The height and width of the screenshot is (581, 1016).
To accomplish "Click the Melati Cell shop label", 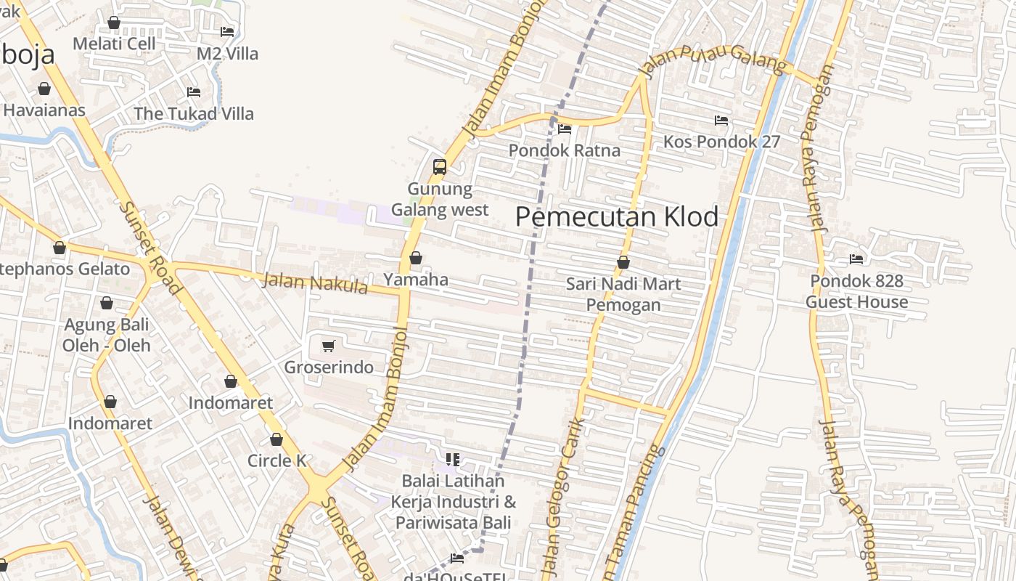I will click(x=114, y=44).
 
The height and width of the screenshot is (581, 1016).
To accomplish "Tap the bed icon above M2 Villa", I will click(x=227, y=31).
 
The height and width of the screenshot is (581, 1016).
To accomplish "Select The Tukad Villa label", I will click(x=194, y=114).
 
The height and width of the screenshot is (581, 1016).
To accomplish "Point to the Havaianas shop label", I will click(x=44, y=110).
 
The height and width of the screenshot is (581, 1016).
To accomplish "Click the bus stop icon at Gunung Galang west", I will click(x=439, y=166).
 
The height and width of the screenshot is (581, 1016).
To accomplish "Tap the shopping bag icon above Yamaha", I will click(x=416, y=258).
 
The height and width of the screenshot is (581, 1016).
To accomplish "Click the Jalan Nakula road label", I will click(x=315, y=283).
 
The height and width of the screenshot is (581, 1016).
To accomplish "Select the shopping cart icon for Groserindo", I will click(x=328, y=346).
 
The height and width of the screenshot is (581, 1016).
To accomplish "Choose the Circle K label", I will click(x=277, y=460).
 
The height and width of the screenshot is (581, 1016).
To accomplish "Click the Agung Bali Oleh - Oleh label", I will click(x=107, y=335).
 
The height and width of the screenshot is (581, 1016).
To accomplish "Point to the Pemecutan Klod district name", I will click(x=617, y=216).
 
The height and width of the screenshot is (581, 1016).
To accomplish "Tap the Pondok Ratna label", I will click(x=565, y=150).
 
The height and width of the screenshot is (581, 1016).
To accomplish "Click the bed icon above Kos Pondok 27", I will click(x=721, y=120).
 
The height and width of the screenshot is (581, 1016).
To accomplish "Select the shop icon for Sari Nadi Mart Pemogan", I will click(x=623, y=262).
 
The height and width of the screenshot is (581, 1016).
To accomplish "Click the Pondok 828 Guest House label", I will click(x=857, y=291).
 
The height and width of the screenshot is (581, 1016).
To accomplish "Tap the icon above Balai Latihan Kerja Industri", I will click(x=453, y=459).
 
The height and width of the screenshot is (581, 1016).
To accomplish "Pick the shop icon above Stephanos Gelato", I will click(x=60, y=248).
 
